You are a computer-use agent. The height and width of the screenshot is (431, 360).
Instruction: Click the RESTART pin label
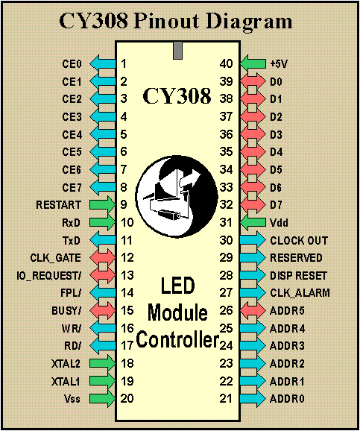59,205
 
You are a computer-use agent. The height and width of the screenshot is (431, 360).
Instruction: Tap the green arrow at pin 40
253,64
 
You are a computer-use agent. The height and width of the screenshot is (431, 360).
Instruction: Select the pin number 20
127,399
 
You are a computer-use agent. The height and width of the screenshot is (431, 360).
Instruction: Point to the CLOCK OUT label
299,241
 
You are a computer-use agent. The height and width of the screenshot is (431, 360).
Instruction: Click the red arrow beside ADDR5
253,311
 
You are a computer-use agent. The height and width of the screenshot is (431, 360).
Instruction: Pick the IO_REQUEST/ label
49,276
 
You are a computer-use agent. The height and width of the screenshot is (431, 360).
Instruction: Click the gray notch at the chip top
178,50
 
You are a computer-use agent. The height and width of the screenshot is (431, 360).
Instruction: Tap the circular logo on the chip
177,195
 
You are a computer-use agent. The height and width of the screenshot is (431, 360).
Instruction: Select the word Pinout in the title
166,21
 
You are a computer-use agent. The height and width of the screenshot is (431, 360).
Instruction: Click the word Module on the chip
177,312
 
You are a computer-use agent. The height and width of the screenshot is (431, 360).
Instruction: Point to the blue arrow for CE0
103,64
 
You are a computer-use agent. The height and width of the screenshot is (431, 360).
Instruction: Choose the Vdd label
279,223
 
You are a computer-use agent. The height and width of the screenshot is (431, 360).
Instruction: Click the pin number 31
226,223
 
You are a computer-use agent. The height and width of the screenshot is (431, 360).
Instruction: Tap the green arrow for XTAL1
103,381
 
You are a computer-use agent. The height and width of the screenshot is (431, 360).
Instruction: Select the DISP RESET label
298,276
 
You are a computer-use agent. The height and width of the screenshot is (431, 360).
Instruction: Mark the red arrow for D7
253,205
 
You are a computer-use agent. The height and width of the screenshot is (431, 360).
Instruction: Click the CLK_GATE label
55,258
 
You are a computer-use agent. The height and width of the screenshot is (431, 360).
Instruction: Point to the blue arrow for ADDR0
253,399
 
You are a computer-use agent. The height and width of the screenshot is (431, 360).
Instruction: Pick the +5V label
279,64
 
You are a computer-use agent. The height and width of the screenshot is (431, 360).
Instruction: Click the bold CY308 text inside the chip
177,96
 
